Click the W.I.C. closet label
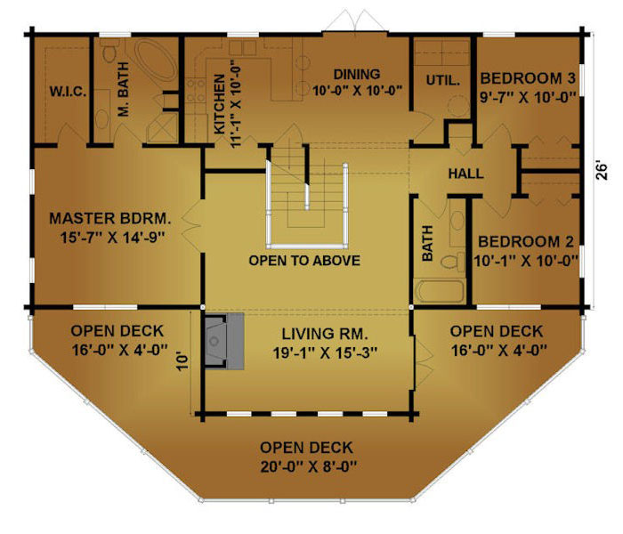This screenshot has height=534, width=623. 67,92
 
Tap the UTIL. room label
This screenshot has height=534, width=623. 441,80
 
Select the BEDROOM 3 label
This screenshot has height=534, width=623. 528,77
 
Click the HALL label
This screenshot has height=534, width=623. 465,174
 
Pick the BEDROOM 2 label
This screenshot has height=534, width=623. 528,242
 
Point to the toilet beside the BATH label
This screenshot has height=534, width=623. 455,261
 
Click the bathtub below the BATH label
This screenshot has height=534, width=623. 440,292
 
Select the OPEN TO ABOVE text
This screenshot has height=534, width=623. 304,261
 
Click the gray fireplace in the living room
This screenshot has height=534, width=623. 222,340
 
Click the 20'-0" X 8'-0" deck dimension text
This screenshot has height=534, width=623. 306,465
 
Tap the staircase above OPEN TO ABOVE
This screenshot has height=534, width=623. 304,191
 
